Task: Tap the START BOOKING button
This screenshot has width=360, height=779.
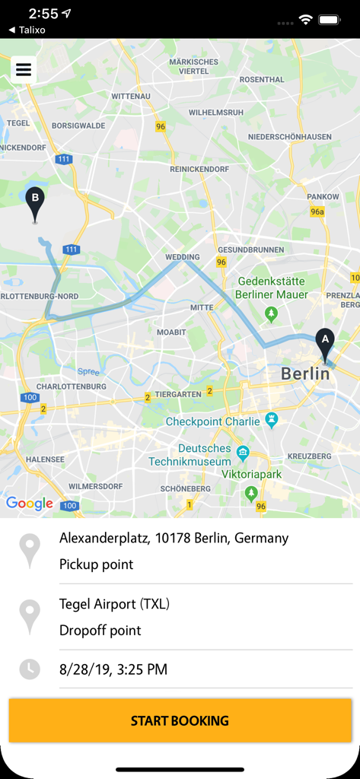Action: [180, 720]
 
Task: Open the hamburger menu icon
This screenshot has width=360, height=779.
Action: [24, 70]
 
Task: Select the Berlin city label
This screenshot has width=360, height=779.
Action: [306, 374]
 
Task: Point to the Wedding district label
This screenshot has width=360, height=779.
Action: [183, 257]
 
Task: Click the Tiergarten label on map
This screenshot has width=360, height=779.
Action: [178, 394]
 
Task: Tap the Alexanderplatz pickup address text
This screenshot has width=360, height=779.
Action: [174, 538]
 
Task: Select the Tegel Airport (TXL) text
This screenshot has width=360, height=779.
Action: [114, 604]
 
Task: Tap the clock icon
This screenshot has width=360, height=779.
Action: [30, 669]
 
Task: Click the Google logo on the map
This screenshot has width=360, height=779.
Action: [30, 503]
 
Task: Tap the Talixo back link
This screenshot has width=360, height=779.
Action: [27, 30]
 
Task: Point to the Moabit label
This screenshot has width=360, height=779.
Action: [171, 332]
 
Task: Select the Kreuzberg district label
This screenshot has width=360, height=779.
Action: [310, 456]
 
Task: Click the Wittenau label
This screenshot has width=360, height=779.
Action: [131, 97]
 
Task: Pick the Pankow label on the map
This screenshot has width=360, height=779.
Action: [323, 196]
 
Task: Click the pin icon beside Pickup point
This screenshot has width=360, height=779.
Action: [30, 551]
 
